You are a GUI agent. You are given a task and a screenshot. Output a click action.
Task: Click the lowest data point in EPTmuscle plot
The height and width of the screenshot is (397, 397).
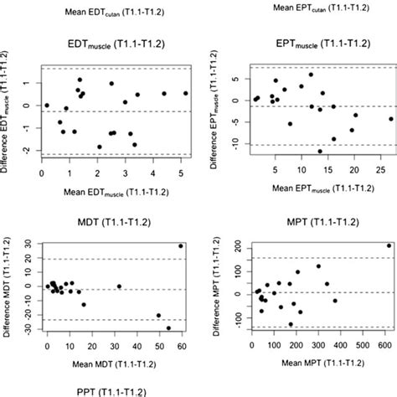[x=320, y=151]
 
